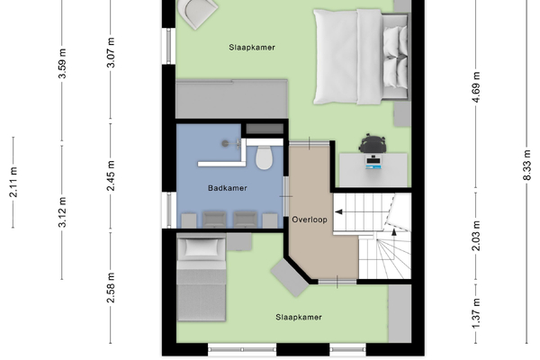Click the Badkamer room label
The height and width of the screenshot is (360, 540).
pyautogui.click(x=228, y=188)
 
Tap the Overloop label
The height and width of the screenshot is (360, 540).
pyautogui.click(x=310, y=220)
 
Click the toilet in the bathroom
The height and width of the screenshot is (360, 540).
pyautogui.click(x=264, y=157)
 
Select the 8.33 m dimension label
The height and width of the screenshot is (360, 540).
pyautogui.click(x=526, y=165)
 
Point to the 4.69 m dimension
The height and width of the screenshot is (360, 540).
pyautogui.click(x=475, y=87)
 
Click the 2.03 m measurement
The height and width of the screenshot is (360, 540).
pyautogui.click(x=475, y=236)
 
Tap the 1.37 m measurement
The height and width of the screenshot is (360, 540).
pyautogui.click(x=475, y=314)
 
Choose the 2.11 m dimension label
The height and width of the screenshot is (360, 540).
pyautogui.click(x=13, y=182)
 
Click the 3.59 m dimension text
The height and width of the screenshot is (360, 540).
pyautogui.click(x=62, y=64)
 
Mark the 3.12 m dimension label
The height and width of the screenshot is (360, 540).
pyautogui.click(x=62, y=212)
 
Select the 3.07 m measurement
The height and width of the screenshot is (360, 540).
pyautogui.click(x=111, y=53)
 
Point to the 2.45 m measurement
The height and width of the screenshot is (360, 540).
pyautogui.click(x=111, y=175)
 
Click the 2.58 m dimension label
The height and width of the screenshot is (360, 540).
pyautogui.click(x=111, y=288)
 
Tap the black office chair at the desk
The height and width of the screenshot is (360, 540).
pyautogui.click(x=373, y=143)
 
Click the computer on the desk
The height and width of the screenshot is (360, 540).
pyautogui.click(x=373, y=162)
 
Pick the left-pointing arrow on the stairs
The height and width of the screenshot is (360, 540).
pyautogui.click(x=338, y=211)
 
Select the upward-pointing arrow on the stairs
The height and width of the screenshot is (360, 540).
pyautogui.click(x=394, y=232)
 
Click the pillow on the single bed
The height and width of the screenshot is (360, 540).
pyautogui.click(x=202, y=247)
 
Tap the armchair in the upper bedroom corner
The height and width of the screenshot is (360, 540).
pyautogui.click(x=196, y=13)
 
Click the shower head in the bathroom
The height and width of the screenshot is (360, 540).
pyautogui.click(x=225, y=143)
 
